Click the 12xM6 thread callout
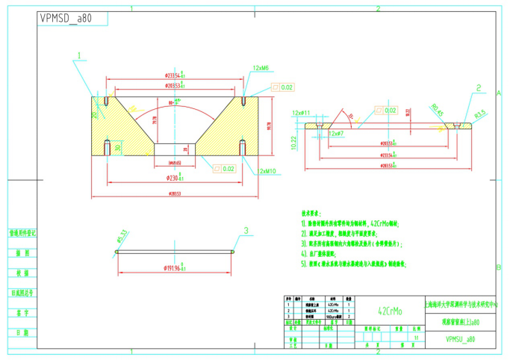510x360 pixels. coord(261,68)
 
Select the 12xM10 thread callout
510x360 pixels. coord(267,171)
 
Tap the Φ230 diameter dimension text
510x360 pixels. coord(175,178)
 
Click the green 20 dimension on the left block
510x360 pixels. coord(95,114)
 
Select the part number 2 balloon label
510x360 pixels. coord(478,87)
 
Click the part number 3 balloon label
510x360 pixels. coord(244,231)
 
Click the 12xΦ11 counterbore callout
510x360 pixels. coord(301,113)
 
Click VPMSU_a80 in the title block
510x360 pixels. coord(458,338)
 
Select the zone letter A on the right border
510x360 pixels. coord(498,92)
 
